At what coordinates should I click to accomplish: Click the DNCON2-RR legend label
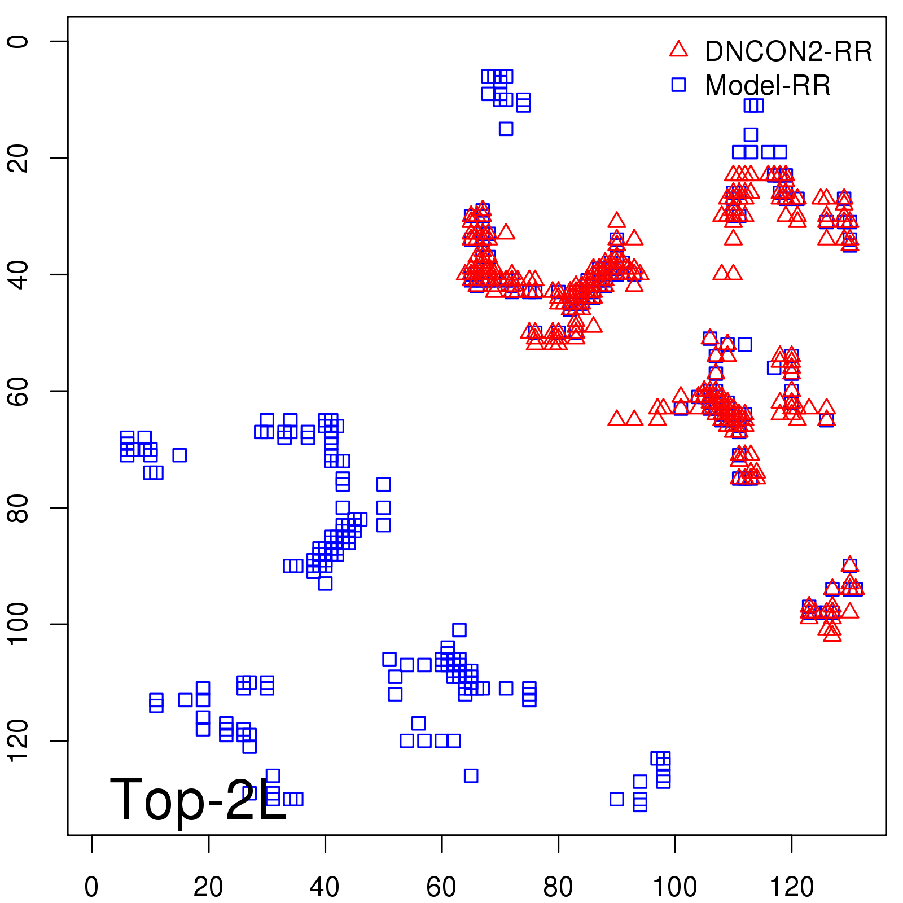[x=788, y=52]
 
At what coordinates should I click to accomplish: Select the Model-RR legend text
[x=768, y=86]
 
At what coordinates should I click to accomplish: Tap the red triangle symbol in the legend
[x=678, y=50]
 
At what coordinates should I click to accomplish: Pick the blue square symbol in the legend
[x=678, y=85]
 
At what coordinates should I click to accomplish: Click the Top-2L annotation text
[x=198, y=799]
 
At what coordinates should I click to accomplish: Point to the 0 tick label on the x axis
[x=91, y=887]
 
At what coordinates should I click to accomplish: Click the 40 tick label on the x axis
[x=325, y=887]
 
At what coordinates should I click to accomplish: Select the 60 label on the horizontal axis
[x=441, y=887]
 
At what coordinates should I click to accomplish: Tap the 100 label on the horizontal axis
[x=674, y=887]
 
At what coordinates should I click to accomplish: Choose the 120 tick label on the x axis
[x=791, y=887]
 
